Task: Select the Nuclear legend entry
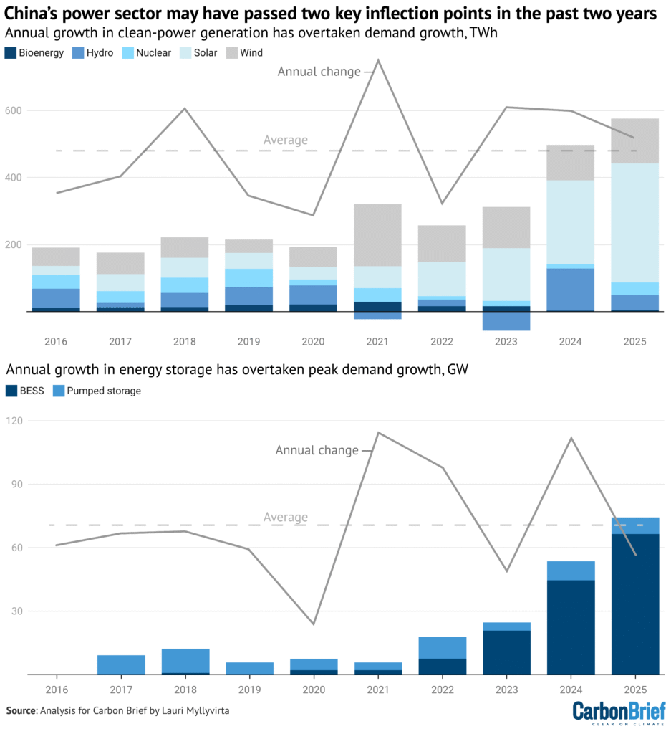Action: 148,52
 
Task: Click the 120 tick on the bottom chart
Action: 14,421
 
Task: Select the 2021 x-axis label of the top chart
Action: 377,342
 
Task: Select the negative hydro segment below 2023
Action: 506,320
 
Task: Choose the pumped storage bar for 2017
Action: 121,664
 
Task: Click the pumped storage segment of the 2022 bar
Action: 442,647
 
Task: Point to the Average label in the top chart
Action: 285,140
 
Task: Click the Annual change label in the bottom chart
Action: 317,450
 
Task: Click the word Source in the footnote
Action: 21,710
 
